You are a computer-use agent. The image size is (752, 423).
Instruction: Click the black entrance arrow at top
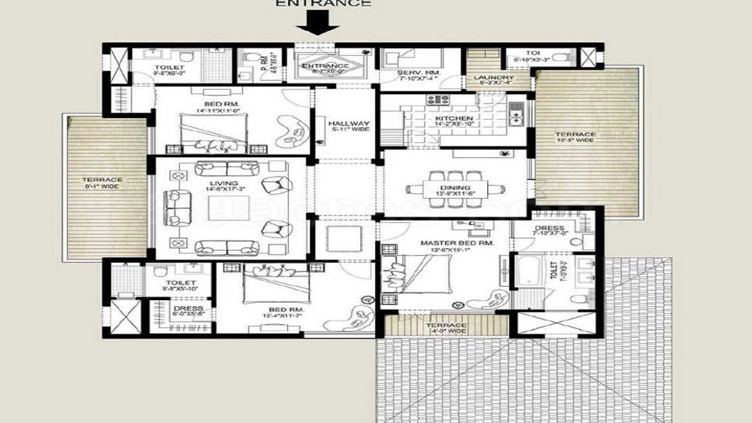[x=317, y=25]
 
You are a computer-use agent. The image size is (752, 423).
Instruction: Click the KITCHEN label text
[x=451, y=118]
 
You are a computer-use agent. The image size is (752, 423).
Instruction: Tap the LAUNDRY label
[x=493, y=78]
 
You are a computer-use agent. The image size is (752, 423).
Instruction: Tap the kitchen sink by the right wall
[x=516, y=116]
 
